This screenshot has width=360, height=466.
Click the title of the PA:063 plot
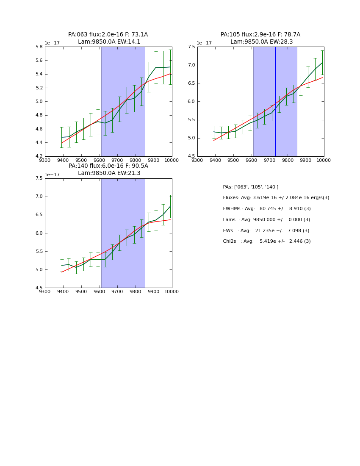[x=108, y=38]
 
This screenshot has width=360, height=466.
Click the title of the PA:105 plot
[x=260, y=38]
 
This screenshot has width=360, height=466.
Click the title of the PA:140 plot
[x=108, y=169]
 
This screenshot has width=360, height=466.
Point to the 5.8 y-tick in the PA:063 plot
[x=39, y=47]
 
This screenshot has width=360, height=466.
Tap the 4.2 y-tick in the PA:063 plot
[x=39, y=156]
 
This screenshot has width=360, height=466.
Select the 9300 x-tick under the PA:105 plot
[x=197, y=160]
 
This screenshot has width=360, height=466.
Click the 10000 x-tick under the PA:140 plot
[x=172, y=291]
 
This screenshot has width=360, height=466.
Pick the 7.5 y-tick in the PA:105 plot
[x=191, y=47]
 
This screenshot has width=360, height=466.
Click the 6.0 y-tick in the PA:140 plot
[x=39, y=233]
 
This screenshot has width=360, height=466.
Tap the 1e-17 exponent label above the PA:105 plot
[x=204, y=43]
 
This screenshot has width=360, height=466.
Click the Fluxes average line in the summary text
[x=276, y=198]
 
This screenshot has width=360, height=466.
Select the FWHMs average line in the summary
[x=267, y=209]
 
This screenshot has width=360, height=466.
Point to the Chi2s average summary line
[x=267, y=241]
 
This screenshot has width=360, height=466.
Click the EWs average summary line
[x=266, y=230]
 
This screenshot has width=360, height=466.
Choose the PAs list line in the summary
[x=251, y=187]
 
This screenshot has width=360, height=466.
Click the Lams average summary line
[x=266, y=220]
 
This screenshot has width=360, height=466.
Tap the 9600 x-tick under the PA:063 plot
[x=99, y=160]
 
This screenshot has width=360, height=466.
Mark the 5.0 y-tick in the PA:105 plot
[x=191, y=138]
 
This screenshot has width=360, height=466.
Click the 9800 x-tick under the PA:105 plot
[x=288, y=160]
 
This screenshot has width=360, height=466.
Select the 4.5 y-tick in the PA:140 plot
[x=39, y=288]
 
